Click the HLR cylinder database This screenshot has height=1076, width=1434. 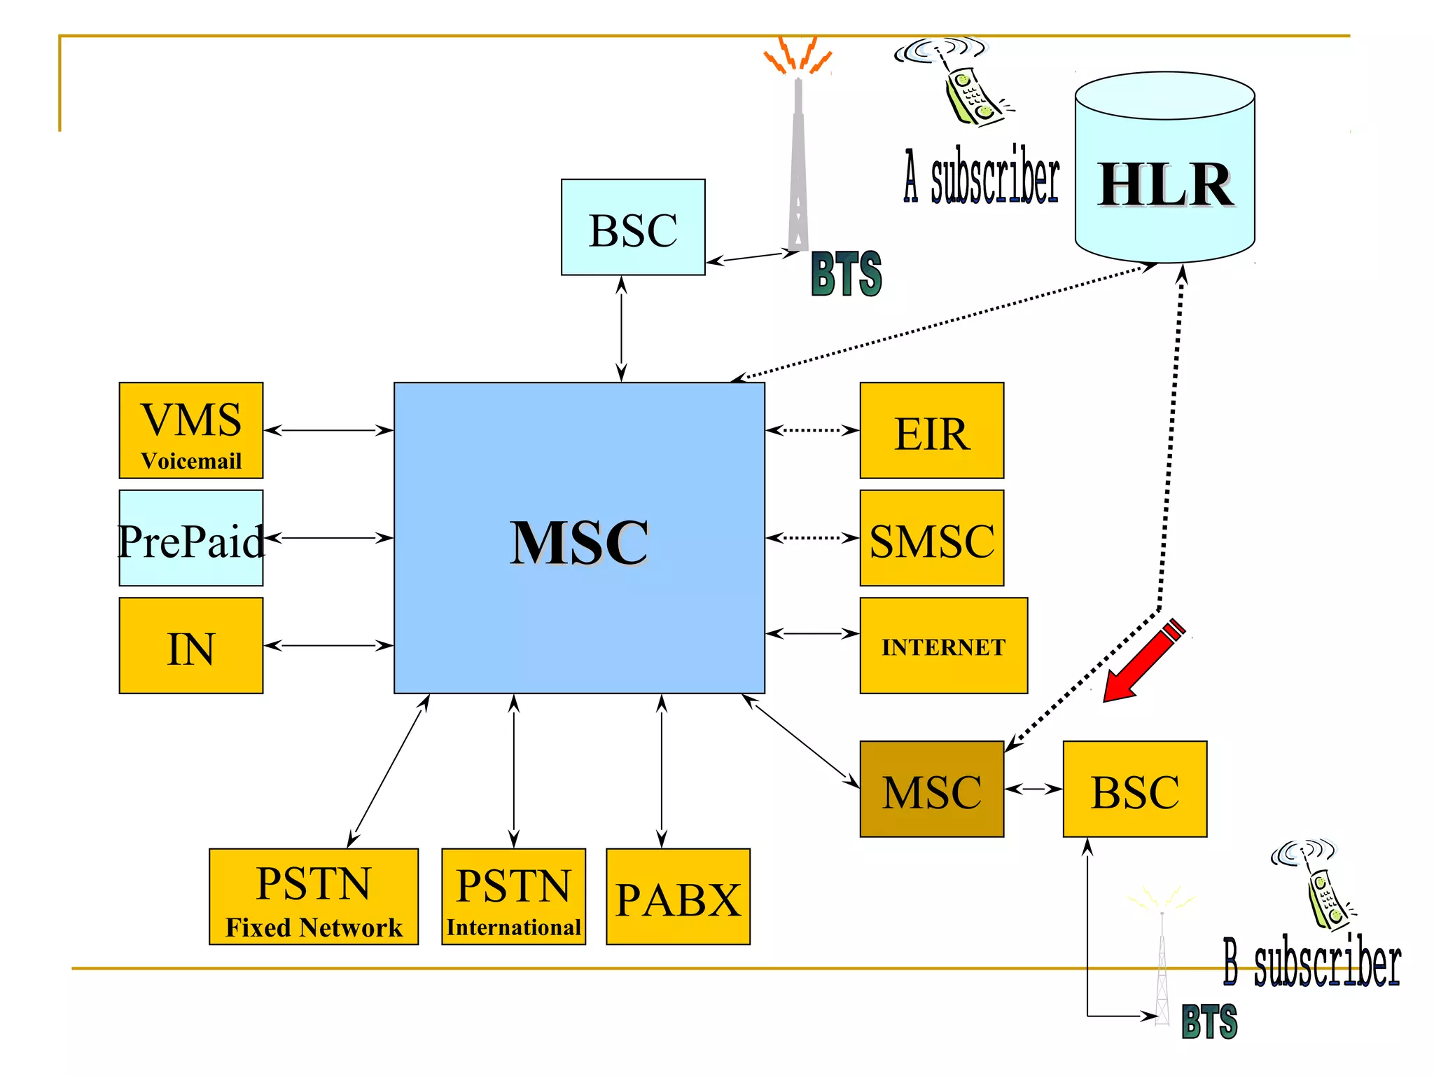[1164, 168]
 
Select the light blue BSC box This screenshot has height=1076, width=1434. [633, 227]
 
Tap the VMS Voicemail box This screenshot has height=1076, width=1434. [191, 430]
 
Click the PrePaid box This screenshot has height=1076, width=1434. [191, 538]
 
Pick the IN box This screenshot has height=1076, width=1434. [191, 645]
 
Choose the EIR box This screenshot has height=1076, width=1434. [931, 430]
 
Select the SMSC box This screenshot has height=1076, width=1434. [931, 538]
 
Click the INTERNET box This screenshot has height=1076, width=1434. [943, 645]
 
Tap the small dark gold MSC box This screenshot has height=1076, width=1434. [931, 789]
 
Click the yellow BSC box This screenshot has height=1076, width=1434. [1134, 789]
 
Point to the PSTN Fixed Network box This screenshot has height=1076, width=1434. [314, 897]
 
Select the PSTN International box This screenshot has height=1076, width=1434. [513, 897]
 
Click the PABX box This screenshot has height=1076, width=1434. [678, 897]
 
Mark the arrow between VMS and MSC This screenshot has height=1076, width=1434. [328, 430]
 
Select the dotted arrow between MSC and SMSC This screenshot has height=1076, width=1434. [812, 538]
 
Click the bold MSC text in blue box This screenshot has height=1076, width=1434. [579, 543]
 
